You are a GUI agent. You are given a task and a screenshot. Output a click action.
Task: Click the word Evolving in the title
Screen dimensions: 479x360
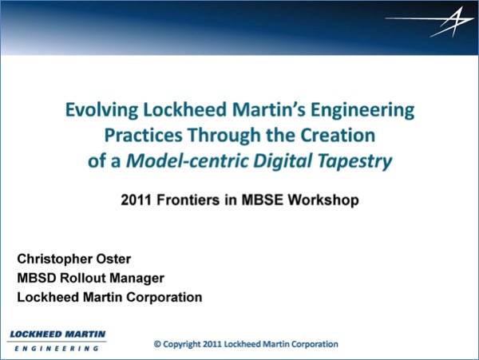(101, 110)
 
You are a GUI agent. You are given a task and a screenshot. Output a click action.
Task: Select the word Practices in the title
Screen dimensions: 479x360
(143, 135)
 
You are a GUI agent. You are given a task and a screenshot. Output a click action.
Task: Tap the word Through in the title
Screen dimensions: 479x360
(224, 136)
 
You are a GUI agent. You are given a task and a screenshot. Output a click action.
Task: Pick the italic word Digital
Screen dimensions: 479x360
(283, 161)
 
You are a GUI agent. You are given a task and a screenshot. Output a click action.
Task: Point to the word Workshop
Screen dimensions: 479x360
(323, 200)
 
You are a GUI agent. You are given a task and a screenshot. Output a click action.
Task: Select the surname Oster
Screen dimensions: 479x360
(113, 259)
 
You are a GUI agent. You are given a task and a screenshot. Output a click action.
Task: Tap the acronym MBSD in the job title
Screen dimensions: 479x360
(37, 278)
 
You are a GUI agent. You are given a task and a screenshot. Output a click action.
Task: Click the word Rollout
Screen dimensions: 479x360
(83, 278)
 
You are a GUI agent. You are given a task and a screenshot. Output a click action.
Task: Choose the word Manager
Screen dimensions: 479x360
(137, 279)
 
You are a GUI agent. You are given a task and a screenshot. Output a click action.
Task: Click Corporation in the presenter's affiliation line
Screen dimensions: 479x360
(164, 298)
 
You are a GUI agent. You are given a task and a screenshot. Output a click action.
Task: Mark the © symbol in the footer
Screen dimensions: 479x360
(157, 344)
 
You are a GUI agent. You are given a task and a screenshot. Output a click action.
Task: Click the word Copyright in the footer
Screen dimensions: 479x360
(182, 344)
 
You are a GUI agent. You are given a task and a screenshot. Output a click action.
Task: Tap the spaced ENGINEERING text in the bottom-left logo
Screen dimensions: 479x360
(57, 348)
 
